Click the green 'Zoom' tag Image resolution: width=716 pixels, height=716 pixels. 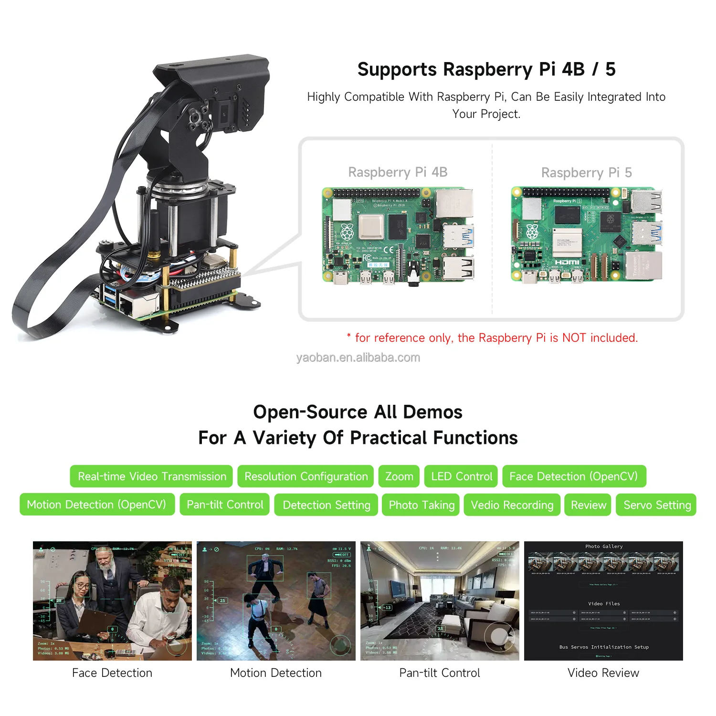pyautogui.click(x=399, y=476)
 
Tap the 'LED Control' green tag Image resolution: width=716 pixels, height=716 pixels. pyautogui.click(x=461, y=476)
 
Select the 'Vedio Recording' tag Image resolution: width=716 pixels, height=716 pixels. pyautogui.click(x=512, y=505)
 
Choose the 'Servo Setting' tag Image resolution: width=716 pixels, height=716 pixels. pyautogui.click(x=657, y=505)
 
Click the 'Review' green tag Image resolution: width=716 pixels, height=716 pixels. pyautogui.click(x=588, y=505)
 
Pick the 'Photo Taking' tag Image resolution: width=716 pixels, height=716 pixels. pyautogui.click(x=421, y=505)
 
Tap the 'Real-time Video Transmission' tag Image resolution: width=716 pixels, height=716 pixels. pyautogui.click(x=152, y=476)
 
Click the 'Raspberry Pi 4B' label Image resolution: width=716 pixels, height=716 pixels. pyautogui.click(x=398, y=172)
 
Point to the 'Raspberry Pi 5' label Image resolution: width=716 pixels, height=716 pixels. pyautogui.click(x=586, y=173)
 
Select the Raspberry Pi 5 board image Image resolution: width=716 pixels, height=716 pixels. pyautogui.click(x=587, y=235)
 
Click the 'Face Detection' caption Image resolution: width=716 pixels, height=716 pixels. pyautogui.click(x=112, y=673)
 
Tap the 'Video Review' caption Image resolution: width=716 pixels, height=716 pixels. pyautogui.click(x=603, y=673)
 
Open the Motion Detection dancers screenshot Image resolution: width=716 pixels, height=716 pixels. pyautogui.click(x=276, y=601)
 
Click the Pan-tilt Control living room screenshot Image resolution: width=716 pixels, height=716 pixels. pyautogui.click(x=440, y=601)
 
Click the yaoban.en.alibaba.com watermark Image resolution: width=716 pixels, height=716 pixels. pyautogui.click(x=358, y=358)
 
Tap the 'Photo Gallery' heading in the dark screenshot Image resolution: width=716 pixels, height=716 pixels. pyautogui.click(x=604, y=547)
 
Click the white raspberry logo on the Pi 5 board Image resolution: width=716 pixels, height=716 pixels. pyautogui.click(x=532, y=232)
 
